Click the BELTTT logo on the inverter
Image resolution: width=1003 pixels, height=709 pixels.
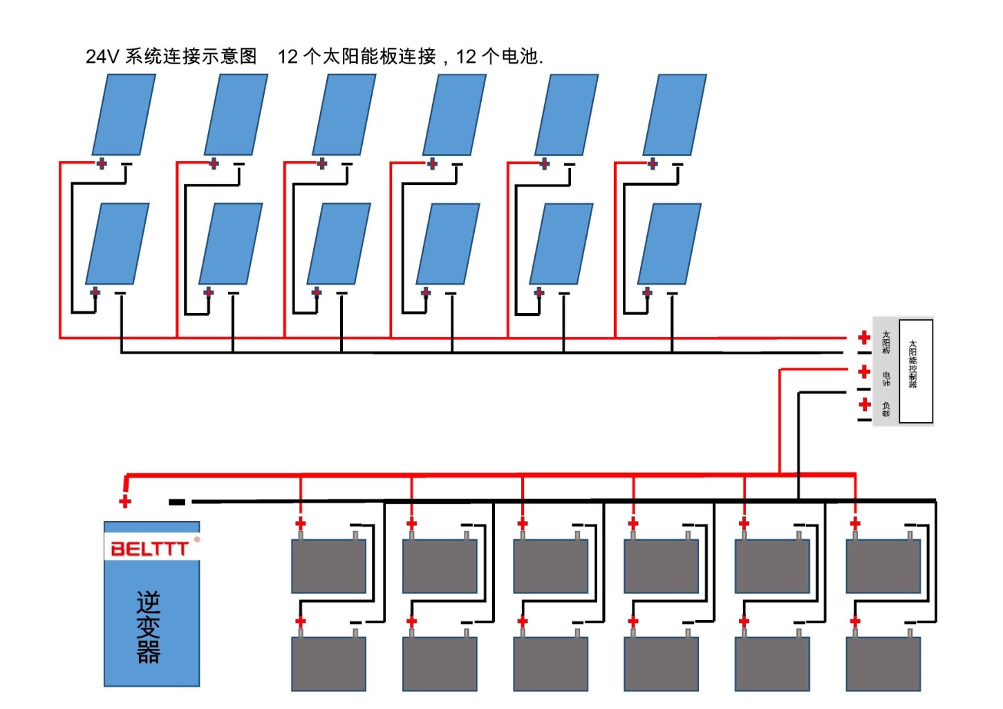click(149, 548)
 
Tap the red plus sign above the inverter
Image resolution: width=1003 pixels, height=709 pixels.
click(125, 501)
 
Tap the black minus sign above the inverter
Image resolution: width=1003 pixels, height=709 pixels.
click(177, 502)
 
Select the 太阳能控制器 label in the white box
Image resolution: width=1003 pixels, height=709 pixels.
click(912, 364)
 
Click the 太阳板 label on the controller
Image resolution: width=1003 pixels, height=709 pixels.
click(885, 342)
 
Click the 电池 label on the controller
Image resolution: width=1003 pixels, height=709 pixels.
click(885, 378)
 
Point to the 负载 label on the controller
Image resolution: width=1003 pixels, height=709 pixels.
click(885, 409)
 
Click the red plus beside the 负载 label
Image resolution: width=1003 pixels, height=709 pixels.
click(864, 404)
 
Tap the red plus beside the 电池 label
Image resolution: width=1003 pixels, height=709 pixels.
click(864, 372)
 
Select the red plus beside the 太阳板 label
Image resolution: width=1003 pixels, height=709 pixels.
click(864, 337)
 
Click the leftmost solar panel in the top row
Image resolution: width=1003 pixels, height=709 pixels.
click(124, 115)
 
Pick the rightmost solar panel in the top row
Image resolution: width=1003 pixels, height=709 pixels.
click(675, 115)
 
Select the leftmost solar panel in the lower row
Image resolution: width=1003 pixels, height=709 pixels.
click(118, 243)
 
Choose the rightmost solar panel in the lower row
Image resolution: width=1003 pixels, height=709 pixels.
click(669, 243)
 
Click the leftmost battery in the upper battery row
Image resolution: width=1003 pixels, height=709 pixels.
click(328, 566)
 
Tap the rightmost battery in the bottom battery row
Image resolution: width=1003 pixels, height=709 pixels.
click(883, 663)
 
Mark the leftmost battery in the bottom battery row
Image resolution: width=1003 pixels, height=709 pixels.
click(328, 663)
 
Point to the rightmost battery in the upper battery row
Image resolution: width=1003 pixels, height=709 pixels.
click(883, 566)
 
